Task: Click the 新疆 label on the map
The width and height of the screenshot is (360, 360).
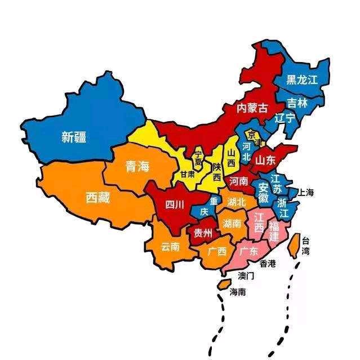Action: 74,136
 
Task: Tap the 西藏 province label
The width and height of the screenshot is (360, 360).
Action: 98,198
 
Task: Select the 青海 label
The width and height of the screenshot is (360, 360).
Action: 137,166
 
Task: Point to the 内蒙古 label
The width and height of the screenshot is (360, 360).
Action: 251,108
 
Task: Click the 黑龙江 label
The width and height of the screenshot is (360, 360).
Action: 302,80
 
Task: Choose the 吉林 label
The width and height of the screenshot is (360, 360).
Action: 297,103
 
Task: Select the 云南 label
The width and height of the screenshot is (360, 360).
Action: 171,247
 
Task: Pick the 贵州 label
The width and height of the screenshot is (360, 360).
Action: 203,233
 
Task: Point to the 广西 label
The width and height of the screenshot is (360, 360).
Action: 217,251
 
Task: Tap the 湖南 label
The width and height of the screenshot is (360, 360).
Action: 233,224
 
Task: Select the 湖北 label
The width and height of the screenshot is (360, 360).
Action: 237,202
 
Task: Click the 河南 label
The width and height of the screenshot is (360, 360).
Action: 239,181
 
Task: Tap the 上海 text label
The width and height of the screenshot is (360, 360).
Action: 306,193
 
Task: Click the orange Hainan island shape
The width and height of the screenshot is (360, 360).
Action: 224,285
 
